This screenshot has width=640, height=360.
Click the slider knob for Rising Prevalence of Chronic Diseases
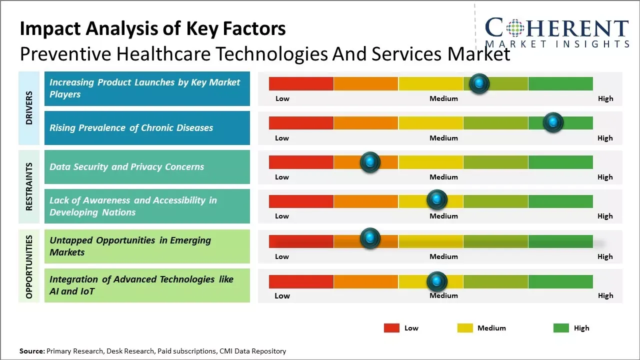pyautogui.click(x=553, y=122)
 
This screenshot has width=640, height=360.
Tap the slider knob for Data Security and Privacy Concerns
pyautogui.click(x=370, y=162)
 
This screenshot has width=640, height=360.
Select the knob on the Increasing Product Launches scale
pyautogui.click(x=479, y=83)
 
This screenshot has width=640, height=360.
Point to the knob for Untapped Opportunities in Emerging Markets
pyautogui.click(x=370, y=238)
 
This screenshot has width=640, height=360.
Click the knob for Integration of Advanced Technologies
pyautogui.click(x=437, y=281)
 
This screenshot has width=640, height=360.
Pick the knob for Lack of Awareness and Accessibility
pyautogui.click(x=437, y=200)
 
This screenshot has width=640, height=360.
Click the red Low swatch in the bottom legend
pyautogui.click(x=391, y=328)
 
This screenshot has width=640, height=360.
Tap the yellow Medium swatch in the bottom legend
pyautogui.click(x=465, y=328)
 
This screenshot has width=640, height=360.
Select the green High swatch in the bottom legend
pyautogui.click(x=561, y=328)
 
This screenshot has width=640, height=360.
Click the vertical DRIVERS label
pyautogui.click(x=29, y=108)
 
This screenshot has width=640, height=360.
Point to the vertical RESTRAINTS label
pyautogui.click(x=29, y=186)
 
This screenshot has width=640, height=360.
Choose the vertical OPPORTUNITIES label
pyautogui.click(x=29, y=266)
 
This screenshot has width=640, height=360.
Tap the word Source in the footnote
pyautogui.click(x=31, y=351)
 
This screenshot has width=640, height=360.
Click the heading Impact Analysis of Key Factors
pyautogui.click(x=152, y=28)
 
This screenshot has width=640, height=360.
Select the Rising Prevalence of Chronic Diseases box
pyautogui.click(x=147, y=128)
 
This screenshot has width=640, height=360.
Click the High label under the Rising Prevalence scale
pyautogui.click(x=605, y=138)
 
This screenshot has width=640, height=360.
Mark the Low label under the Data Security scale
pyautogui.click(x=282, y=177)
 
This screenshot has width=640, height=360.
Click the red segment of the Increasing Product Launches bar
pyautogui.click(x=301, y=83)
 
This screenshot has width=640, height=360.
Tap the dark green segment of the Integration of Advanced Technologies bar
pyautogui.click(x=560, y=281)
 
